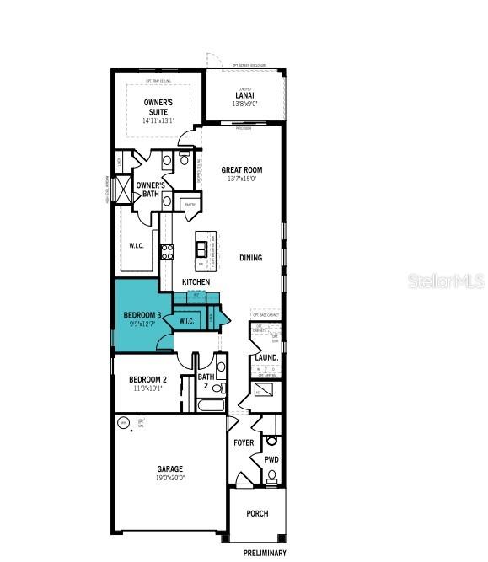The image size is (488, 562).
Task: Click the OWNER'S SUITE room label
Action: pos(156,107)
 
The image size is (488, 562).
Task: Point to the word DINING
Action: pos(250,258)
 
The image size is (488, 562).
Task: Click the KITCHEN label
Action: pos(196,282)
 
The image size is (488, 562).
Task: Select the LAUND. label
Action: pos(267,358)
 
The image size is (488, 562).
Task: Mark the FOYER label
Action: pos(244,442)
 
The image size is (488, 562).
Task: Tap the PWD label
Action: pos(271,460)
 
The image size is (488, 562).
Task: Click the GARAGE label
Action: pos(169,468)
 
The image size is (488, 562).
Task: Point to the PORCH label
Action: pos(257,513)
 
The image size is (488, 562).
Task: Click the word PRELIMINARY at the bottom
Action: pos(265,553)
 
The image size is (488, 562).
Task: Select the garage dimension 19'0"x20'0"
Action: pos(169,478)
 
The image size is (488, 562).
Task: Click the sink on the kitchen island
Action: pos(202,248)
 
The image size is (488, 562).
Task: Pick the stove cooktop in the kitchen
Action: pos(167,250)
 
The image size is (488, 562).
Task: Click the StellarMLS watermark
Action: pos(446,281)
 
